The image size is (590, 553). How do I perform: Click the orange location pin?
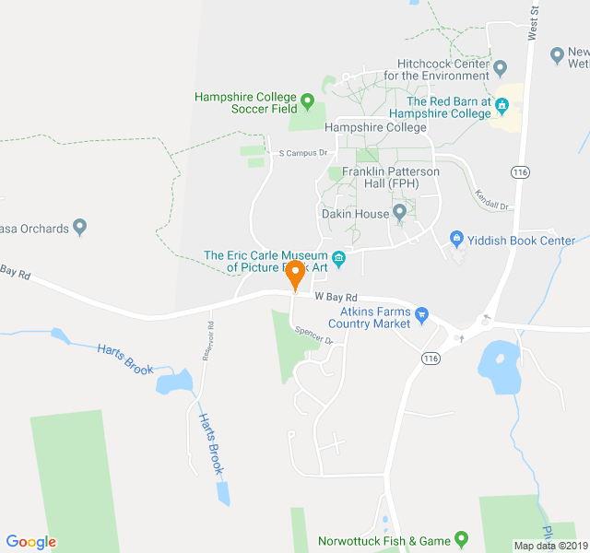pyautogui.click(x=295, y=274)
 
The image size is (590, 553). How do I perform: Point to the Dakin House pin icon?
pyautogui.click(x=399, y=214)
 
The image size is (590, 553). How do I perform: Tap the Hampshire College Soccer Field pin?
pyautogui.click(x=307, y=98)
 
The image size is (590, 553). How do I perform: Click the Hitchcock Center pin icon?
pyautogui.click(x=501, y=67)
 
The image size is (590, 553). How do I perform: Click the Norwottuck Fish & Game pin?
pyautogui.click(x=462, y=540)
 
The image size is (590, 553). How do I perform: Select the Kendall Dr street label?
pyautogui.click(x=492, y=199)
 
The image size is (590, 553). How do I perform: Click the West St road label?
pyautogui.click(x=533, y=20)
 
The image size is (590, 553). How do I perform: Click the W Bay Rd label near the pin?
pyautogui.click(x=335, y=297)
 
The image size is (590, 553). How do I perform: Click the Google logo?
pyautogui.click(x=31, y=542)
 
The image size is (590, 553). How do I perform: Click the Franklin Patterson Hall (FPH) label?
pyautogui.click(x=391, y=178)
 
